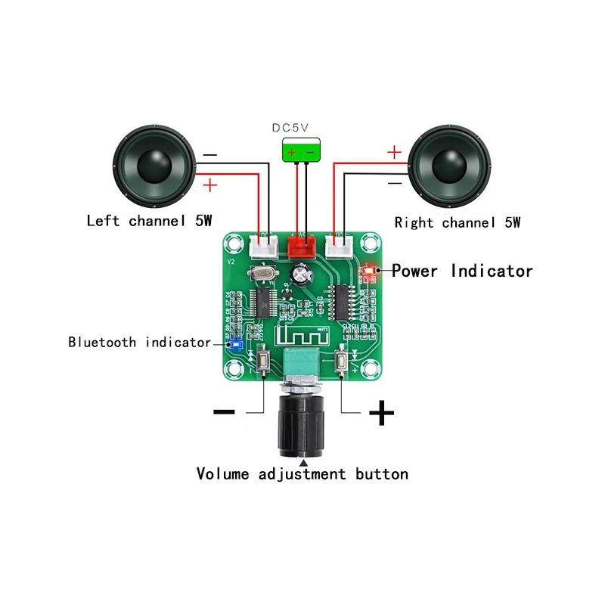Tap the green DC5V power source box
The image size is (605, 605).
click(300, 151)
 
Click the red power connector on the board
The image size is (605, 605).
click(302, 245)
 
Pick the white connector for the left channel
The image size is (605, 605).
click(262, 245)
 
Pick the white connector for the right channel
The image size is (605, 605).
click(339, 245)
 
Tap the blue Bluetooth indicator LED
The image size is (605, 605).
click(234, 344)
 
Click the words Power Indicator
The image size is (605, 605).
click(462, 271)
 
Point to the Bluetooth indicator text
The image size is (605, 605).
click(139, 343)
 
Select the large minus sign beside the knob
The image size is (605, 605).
click(225, 412)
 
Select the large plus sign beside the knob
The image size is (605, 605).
click(382, 413)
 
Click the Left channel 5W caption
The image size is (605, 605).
click(149, 222)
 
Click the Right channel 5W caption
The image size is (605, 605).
click(458, 222)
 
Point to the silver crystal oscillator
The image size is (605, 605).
click(263, 273)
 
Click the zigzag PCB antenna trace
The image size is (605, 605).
click(302, 334)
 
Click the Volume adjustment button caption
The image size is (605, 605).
click(302, 474)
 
